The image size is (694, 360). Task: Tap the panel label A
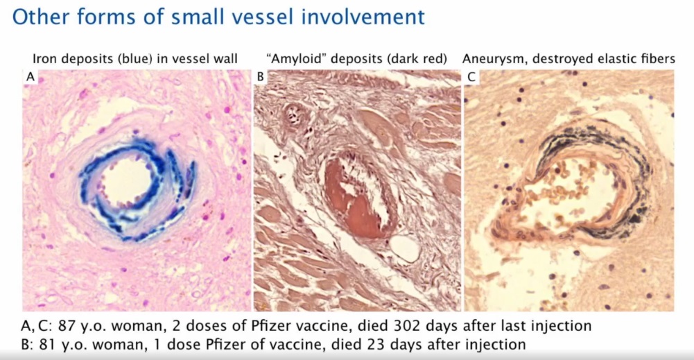click(x=30, y=77)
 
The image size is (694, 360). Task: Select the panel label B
click(x=260, y=77)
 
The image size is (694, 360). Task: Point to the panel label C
click(x=471, y=77)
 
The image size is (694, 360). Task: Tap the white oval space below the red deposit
click(x=405, y=248)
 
